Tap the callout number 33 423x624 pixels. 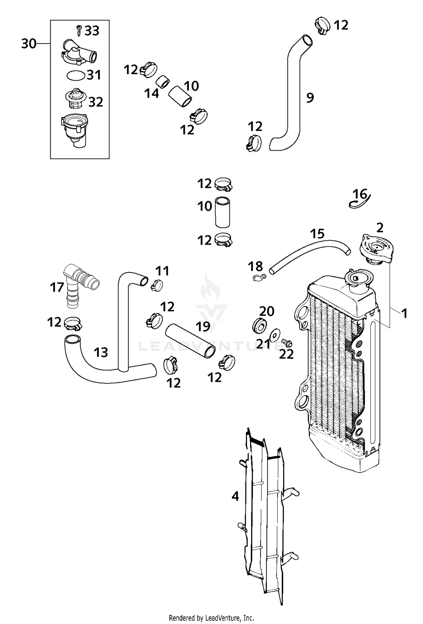coord(92,31)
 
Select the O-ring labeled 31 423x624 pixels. coord(76,76)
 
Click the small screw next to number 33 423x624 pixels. coord(79,30)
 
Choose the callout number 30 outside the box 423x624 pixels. coord(29,44)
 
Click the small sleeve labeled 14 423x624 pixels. coord(163,82)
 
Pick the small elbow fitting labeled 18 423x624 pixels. coord(259,277)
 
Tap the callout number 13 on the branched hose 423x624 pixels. coord(101,352)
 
